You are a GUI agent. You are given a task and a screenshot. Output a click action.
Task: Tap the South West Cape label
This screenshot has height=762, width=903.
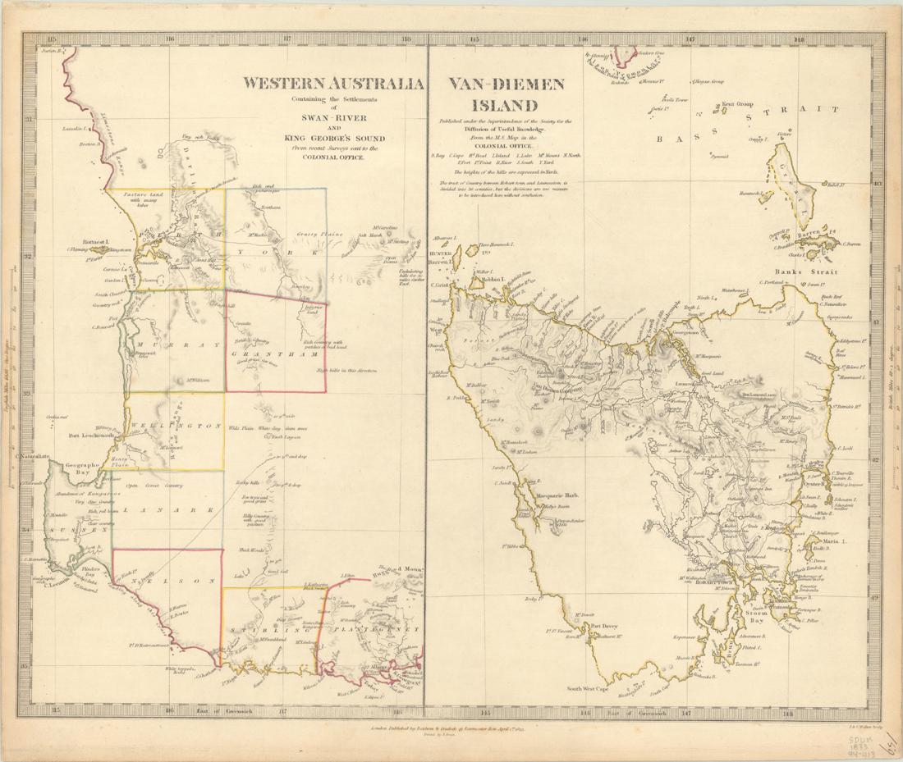point(582,689)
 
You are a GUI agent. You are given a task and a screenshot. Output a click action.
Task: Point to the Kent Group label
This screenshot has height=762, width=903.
point(738,105)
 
